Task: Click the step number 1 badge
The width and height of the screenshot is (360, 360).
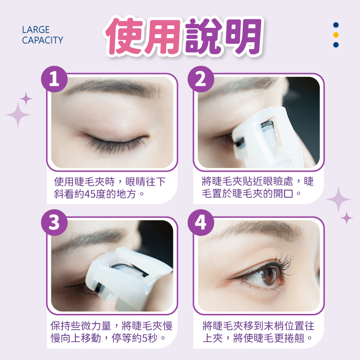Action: click(54, 79)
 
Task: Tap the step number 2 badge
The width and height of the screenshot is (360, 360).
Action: click(201, 79)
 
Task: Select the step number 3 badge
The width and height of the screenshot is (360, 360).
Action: click(54, 222)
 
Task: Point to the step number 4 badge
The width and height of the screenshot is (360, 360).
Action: click(201, 222)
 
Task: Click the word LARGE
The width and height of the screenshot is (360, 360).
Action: click(36, 30)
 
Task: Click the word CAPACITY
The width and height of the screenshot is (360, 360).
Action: click(42, 40)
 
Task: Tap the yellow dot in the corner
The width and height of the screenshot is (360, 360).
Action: click(336, 35)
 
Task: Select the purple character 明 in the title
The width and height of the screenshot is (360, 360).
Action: click(243, 36)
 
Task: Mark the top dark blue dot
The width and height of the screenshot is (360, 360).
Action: click(336, 25)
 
